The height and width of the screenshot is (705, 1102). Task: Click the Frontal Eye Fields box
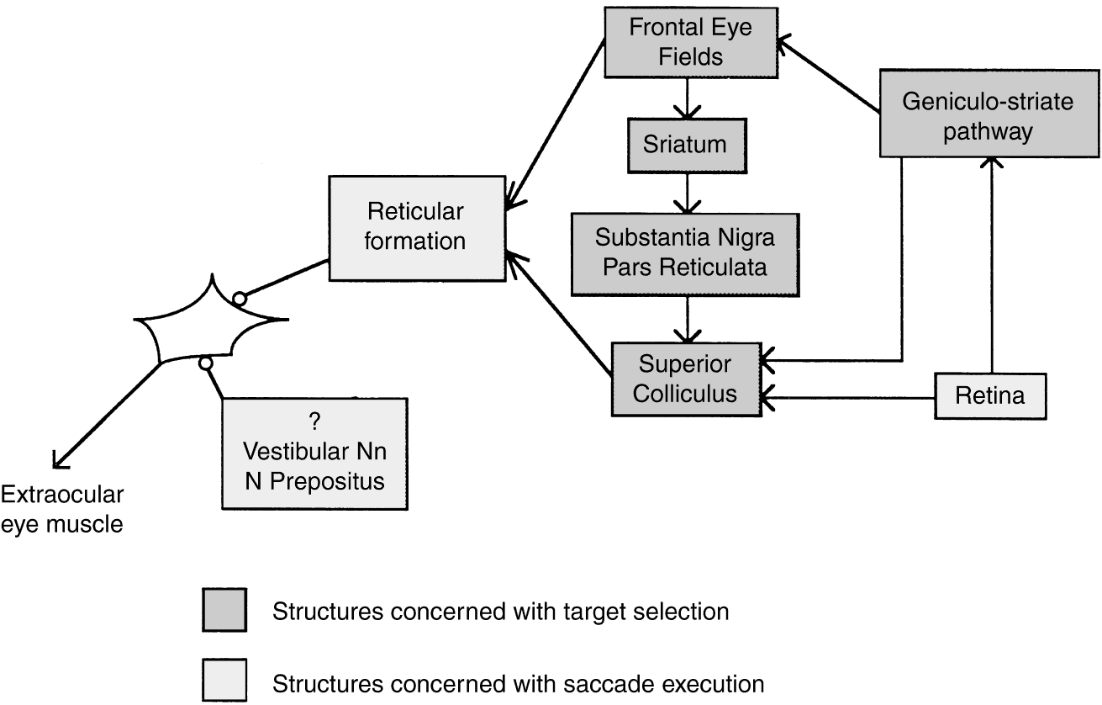[691, 41]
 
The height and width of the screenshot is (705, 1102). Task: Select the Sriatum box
[685, 143]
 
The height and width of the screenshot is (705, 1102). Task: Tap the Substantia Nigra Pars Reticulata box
[685, 253]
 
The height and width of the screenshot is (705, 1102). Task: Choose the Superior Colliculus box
[685, 379]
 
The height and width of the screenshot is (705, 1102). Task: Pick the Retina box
[991, 395]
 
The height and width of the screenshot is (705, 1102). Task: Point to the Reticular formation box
[415, 227]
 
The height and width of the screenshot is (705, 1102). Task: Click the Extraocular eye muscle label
[63, 509]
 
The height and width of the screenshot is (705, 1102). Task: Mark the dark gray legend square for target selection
[224, 610]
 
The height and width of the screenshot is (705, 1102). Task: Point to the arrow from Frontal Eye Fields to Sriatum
[688, 97]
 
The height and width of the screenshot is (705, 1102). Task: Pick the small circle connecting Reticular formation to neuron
[240, 298]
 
